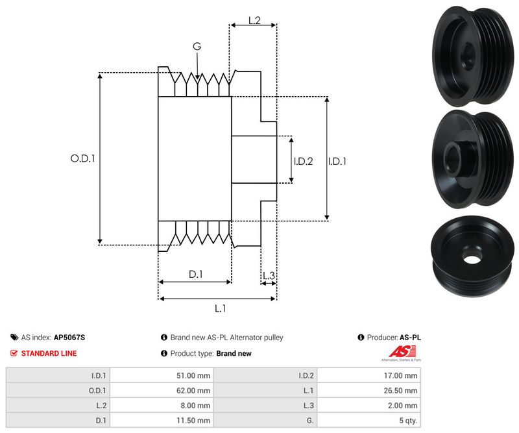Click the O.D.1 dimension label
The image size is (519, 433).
point(82,158)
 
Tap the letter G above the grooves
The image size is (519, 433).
point(197,47)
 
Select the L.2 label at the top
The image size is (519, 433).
point(254,21)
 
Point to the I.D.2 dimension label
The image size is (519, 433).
point(303,161)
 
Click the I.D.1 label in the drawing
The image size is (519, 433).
point(337,161)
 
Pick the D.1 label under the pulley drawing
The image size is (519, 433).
point(196,275)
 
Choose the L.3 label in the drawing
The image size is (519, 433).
point(269,276)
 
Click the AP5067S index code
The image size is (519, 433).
point(69,338)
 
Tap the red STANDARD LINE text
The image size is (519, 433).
point(49,353)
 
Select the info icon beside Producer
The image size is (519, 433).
point(361,338)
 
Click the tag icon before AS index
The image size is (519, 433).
point(14,338)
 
